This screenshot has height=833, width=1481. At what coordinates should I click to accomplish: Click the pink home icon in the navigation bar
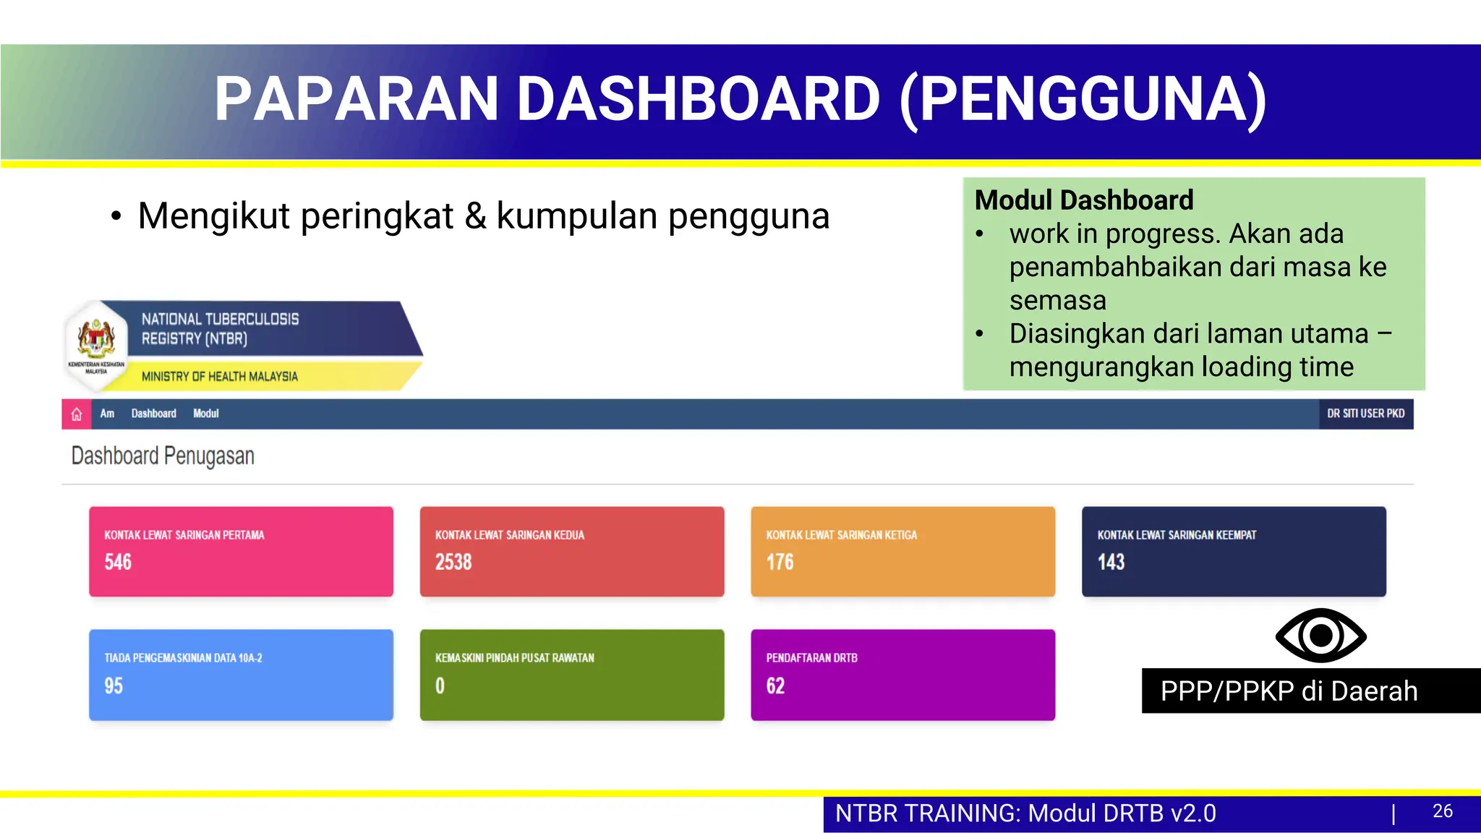[77, 414]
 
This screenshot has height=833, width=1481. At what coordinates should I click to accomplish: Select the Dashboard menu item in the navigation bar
[153, 414]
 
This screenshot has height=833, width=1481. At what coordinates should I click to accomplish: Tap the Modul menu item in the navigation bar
[205, 414]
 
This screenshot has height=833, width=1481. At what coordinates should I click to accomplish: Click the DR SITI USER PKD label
[1365, 414]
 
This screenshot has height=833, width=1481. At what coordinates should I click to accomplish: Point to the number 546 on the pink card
[118, 562]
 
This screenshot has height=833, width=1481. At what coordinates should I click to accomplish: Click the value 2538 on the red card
[453, 562]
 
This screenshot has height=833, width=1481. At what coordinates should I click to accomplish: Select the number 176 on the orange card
[780, 562]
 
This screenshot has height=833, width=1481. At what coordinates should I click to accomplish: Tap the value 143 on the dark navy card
[1111, 562]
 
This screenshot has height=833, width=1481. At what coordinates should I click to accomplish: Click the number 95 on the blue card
[114, 685]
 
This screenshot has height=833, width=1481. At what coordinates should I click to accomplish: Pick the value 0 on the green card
[440, 685]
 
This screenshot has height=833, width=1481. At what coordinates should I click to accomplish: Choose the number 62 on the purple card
[775, 685]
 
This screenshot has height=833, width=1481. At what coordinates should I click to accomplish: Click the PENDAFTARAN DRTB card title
[811, 658]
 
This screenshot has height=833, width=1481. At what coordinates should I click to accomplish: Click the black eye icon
[1320, 635]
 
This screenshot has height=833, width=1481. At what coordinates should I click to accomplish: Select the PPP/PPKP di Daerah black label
[1289, 691]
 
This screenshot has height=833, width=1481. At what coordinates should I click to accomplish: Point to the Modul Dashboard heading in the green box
[1083, 200]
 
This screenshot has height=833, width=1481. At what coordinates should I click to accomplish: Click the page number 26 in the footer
[1442, 811]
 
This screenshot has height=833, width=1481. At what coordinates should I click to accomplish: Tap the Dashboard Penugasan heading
[163, 456]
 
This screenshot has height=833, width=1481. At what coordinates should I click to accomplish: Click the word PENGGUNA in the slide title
[1083, 99]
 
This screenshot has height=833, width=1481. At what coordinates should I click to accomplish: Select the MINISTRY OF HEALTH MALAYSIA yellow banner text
[219, 376]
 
